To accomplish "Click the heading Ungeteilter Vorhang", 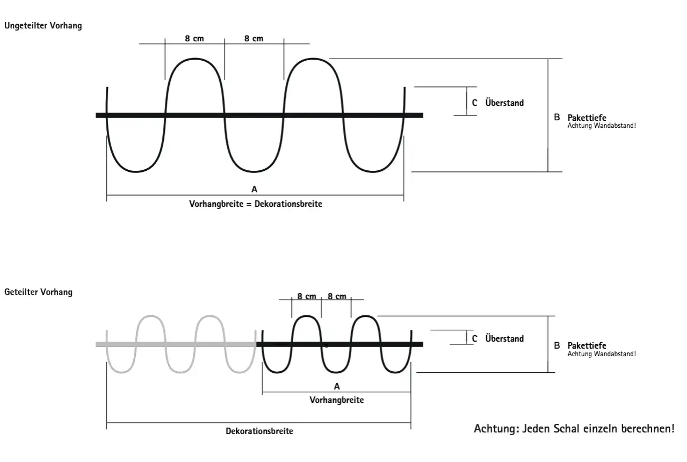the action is [43, 25].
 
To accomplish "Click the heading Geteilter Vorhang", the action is [38, 292].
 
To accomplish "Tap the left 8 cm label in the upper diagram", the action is [194, 39].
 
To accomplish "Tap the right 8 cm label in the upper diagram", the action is [254, 39].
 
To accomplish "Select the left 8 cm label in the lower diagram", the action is [307, 297].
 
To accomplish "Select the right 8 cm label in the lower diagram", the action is [337, 297].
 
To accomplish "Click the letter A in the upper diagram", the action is [254, 189].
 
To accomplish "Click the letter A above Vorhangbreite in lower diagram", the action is [337, 387].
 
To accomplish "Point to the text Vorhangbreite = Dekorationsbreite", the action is [256, 204].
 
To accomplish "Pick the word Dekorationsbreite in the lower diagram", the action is [259, 431].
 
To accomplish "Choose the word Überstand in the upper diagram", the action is [504, 103].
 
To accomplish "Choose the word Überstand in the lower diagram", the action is [504, 338].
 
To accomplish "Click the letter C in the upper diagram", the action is [474, 103].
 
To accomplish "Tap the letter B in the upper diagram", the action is [557, 117].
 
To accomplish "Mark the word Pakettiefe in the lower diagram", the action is [587, 345].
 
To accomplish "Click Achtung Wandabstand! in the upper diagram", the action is [602, 126].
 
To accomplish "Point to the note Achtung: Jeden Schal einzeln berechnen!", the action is [574, 428].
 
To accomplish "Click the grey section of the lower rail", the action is [176, 344].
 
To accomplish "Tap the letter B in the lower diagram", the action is [557, 345].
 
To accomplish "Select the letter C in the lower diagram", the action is [474, 338].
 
